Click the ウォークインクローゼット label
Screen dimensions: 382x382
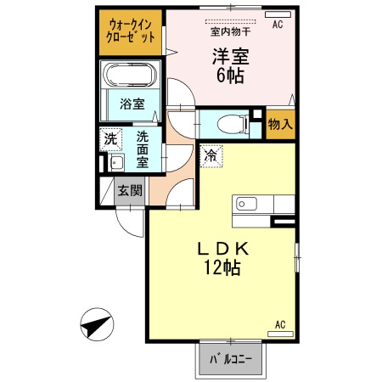(130, 31)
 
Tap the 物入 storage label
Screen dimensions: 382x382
(279, 124)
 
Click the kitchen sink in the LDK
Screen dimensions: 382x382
(247, 205)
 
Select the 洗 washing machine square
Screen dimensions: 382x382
(110, 139)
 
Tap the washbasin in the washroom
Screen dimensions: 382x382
(116, 163)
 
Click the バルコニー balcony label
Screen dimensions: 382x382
(231, 360)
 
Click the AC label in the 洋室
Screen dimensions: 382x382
(277, 25)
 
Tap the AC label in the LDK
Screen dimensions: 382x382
(281, 325)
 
